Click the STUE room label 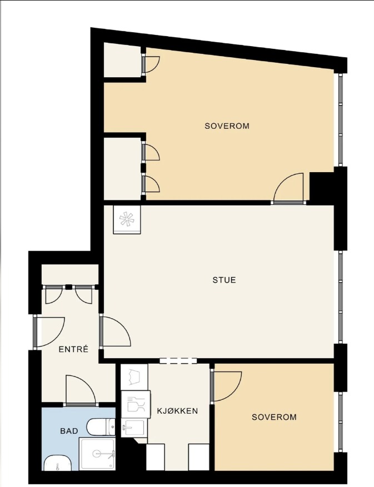pos(224,280)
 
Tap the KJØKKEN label pos(177,411)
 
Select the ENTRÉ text pos(74,349)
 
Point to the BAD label pos(69,431)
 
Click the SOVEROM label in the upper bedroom pos(227,126)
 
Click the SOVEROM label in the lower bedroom pos(274,417)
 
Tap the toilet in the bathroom pos(101,426)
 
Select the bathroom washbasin pos(58,463)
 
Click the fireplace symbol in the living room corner pos(127,219)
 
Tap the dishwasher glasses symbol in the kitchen pos(136,404)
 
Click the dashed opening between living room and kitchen pos(178,360)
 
